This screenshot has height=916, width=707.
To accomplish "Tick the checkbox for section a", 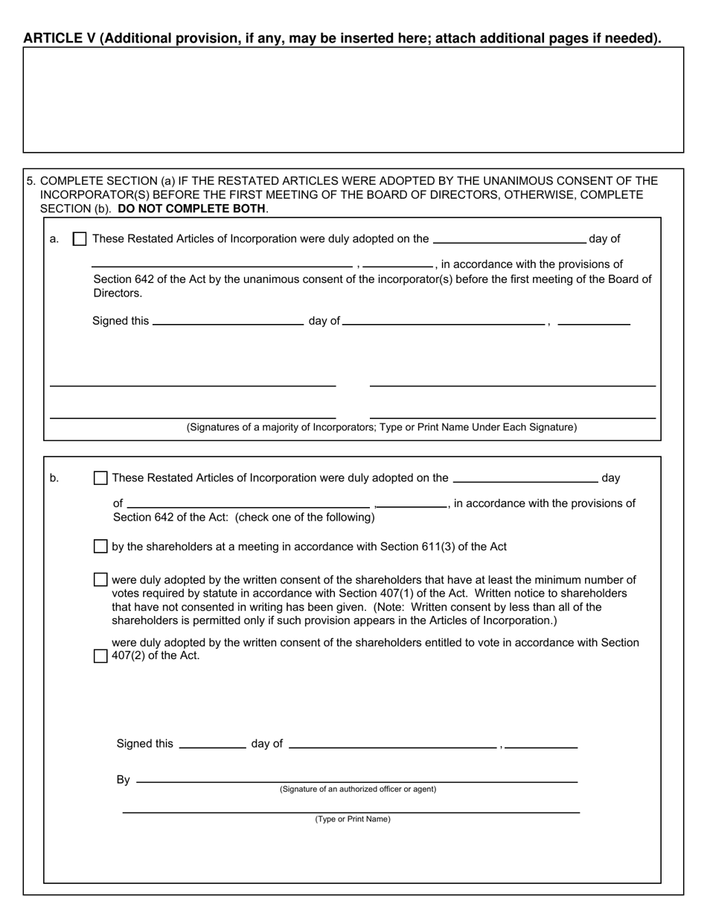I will (x=80, y=239).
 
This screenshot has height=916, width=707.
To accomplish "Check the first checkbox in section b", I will (x=100, y=478).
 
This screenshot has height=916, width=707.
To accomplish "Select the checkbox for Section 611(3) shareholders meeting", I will (x=100, y=547).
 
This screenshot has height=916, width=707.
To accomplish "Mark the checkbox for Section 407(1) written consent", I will (x=100, y=579).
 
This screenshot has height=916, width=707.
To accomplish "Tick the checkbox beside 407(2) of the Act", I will (x=100, y=656).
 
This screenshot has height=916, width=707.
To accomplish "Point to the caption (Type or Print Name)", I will (x=353, y=819).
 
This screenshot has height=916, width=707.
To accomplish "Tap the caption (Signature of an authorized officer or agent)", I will (x=358, y=789).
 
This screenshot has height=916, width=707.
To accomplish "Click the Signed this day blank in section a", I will (x=228, y=322).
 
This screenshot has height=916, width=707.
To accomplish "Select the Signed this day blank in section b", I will (x=213, y=744).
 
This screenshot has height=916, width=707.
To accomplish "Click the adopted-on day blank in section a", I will (x=509, y=240).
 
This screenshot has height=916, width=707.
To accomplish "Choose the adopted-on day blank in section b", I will (x=525, y=479).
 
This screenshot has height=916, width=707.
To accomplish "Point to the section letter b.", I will (x=54, y=478).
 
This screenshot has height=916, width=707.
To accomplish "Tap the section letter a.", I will (x=54, y=239).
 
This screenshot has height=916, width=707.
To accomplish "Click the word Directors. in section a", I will (x=118, y=293).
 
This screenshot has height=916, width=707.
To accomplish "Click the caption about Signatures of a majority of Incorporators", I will (x=381, y=427).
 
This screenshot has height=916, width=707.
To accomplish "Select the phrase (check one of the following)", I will (x=305, y=518).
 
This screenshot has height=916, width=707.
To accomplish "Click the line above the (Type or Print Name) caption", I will (x=351, y=811).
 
